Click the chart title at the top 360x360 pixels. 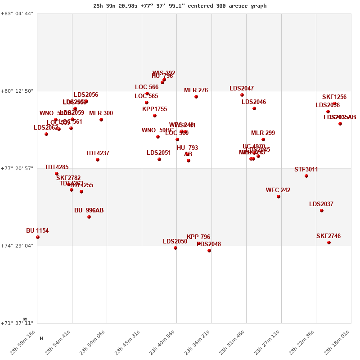click(180, 6)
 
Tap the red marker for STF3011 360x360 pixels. click(306, 176)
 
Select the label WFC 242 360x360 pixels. click(278, 190)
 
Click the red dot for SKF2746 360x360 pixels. click(329, 243)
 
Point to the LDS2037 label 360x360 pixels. click(321, 204)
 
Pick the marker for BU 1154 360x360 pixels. click(38, 237)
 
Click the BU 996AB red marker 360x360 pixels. click(89, 217)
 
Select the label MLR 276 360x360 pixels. click(196, 90)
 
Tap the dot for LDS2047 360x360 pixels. click(242, 95)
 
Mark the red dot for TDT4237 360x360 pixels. click(98, 160)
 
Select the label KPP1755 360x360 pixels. click(154, 109)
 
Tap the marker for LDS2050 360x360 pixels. click(175, 248)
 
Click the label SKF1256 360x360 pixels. click(334, 97)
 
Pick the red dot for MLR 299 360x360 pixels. click(263, 139)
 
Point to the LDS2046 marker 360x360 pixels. click(254, 108)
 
